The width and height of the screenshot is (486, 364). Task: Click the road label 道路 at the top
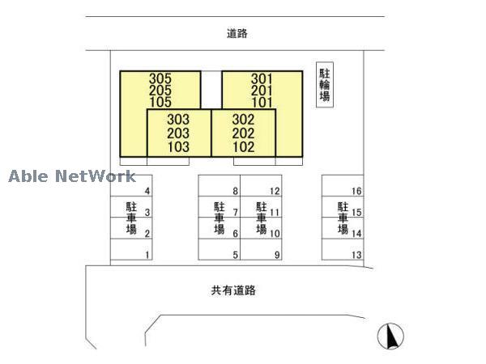pos(237,34)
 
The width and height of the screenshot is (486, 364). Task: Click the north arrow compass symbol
pos(390,335)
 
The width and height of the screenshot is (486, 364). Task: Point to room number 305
pos(160,79)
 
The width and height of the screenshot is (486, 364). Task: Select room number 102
pos(243,147)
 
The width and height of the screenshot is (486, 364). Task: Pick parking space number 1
pos(147,256)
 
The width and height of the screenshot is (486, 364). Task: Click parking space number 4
pos(147,191)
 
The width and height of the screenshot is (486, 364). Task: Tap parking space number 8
pos(235,191)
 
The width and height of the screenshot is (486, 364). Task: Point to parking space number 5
pos(235,256)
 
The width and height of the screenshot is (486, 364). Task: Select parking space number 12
pos(275,191)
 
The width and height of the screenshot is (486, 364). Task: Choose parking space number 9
pos(276,256)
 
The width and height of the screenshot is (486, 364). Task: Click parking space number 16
pos(356,191)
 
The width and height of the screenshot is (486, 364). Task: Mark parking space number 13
pos(356,256)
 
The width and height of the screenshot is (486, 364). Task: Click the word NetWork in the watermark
pos(96,176)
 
